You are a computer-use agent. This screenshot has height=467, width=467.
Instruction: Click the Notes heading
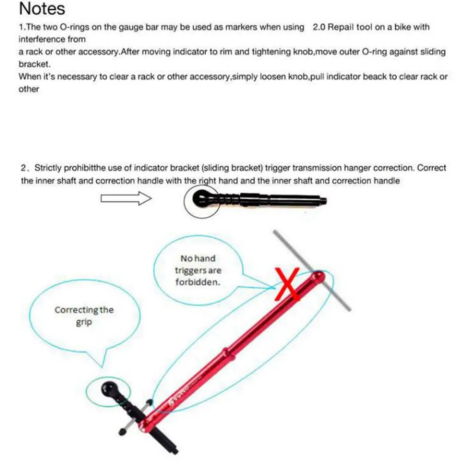pos(42,9)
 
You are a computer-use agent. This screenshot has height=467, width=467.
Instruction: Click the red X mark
pos(287,284)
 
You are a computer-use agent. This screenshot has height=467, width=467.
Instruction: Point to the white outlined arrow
pos(126,198)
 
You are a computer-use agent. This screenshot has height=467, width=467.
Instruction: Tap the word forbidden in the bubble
pos(198,282)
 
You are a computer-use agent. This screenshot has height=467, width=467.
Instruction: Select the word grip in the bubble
pos(84,323)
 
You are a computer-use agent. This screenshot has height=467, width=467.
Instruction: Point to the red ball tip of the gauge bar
pos(318,277)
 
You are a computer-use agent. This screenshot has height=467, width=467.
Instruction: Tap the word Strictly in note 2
pos(48,168)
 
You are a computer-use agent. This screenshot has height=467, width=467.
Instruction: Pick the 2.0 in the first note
pos(319,27)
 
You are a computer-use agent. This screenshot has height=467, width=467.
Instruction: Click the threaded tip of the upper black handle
pos(324,201)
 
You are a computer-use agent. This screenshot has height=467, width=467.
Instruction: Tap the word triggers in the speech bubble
pos(198,271)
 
